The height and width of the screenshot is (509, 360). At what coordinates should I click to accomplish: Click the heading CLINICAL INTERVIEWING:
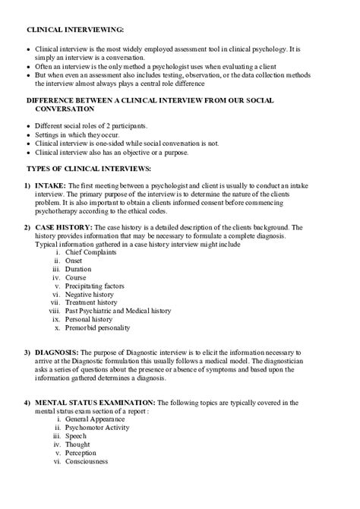pyautogui.click(x=75, y=29)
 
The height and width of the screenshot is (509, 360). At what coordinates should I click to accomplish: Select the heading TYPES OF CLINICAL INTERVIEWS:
pyautogui.click(x=89, y=166)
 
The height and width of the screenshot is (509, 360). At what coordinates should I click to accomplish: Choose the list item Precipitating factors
pyautogui.click(x=96, y=289)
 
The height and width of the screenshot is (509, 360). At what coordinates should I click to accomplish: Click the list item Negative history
pyautogui.click(x=90, y=298)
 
